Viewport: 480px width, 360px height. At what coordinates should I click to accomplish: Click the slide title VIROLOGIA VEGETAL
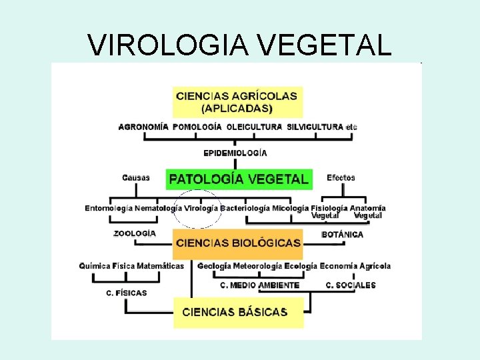point(239,45)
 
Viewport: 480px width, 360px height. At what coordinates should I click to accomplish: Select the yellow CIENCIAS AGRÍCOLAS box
point(238,101)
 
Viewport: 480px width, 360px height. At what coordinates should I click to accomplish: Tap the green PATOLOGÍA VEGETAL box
point(239,179)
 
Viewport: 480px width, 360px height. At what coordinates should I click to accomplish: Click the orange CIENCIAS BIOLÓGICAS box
point(238,243)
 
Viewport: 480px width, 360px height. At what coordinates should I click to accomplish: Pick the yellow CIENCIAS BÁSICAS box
point(238,312)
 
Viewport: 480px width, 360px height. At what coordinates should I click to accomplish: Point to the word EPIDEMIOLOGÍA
point(235,153)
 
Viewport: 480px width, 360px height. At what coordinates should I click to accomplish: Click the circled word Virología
point(201,208)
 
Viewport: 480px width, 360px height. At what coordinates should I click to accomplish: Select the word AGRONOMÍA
point(143,127)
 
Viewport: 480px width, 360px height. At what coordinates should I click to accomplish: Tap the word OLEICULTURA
point(254,127)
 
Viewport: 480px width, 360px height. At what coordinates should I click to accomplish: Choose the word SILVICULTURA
point(315,127)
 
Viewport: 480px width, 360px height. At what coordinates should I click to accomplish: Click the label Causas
point(136,178)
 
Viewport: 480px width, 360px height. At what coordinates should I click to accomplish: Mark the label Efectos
point(341,178)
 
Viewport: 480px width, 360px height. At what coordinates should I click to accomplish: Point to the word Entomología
point(109,208)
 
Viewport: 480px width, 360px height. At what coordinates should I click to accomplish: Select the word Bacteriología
point(245,208)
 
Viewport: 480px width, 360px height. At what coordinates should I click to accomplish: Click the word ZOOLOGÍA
point(135,233)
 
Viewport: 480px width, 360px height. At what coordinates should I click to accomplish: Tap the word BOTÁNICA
point(343,235)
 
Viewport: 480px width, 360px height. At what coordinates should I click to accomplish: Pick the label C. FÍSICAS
point(127,293)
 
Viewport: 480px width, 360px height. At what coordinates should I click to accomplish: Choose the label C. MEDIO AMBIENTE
point(259,285)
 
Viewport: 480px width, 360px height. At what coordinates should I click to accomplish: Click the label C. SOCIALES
point(351,285)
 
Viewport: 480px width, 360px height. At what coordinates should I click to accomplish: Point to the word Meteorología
point(257,266)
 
